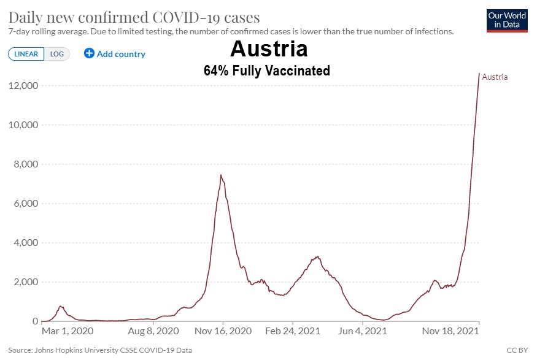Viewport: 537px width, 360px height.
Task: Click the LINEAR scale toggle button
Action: point(26,54)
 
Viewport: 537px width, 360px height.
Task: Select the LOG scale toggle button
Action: point(57,54)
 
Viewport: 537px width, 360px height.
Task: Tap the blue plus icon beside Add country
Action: point(89,53)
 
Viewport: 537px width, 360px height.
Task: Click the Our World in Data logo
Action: point(506,20)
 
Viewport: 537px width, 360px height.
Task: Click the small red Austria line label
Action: point(495,77)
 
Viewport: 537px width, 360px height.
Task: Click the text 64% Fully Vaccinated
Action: point(267,71)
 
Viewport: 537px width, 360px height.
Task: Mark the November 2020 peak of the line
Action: point(220,175)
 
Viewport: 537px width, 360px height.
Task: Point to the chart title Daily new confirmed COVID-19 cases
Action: point(134,17)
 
